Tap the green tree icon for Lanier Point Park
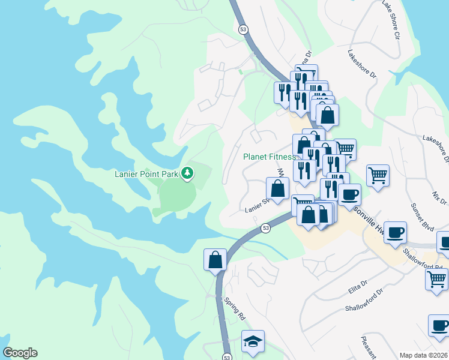tap(188, 173)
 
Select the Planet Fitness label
tap(269, 157)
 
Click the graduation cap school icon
tap(253, 341)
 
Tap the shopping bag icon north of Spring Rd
tap(215, 260)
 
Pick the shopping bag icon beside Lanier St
tap(278, 188)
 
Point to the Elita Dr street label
tap(358, 290)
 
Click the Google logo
tap(20, 353)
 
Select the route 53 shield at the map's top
tap(243, 29)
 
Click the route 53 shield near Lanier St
tap(265, 227)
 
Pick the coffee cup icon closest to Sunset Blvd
tap(394, 232)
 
